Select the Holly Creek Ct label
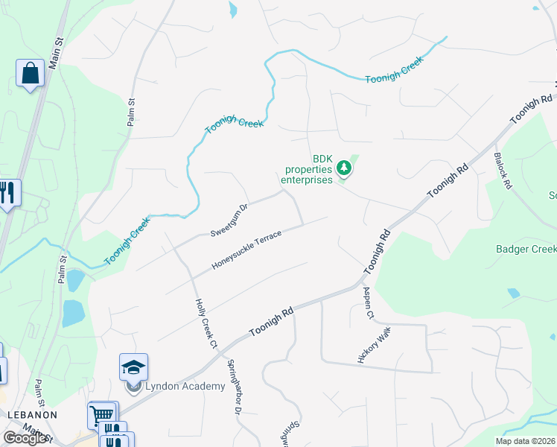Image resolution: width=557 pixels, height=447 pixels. pyautogui.click(x=206, y=324)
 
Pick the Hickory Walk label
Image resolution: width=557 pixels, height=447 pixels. pyautogui.click(x=374, y=344)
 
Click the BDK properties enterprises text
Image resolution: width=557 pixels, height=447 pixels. pyautogui.click(x=302, y=170)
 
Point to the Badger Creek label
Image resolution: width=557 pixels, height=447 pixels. pyautogui.click(x=526, y=249)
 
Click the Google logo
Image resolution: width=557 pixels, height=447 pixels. pyautogui.click(x=25, y=438)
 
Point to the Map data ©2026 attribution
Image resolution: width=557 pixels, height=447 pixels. pyautogui.click(x=524, y=441)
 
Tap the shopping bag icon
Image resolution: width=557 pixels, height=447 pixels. pyautogui.click(x=30, y=73)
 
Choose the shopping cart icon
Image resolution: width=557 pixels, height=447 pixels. pyautogui.click(x=102, y=414)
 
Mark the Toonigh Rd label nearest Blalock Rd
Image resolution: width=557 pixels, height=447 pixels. pyautogui.click(x=532, y=110)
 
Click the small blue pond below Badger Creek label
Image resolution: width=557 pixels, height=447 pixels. pyautogui.click(x=513, y=293)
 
